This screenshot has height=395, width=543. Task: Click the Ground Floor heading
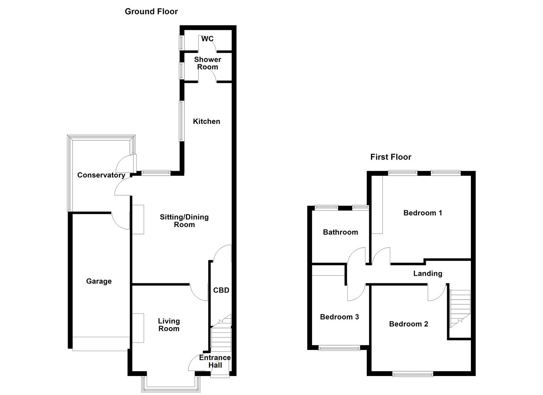(x=151, y=11)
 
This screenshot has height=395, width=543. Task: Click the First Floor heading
(x=391, y=157)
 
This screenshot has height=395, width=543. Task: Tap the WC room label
(x=207, y=39)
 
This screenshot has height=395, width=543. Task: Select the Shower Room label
(x=207, y=63)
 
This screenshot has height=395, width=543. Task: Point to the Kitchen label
(x=207, y=121)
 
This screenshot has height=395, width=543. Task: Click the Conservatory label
(x=101, y=175)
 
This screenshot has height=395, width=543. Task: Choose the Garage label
(x=99, y=281)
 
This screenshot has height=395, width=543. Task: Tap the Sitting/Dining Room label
(x=184, y=221)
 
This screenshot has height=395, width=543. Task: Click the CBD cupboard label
(x=221, y=290)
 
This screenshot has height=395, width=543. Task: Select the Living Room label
(x=169, y=325)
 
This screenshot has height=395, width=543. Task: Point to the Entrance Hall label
(x=215, y=361)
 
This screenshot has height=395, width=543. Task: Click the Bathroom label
(x=340, y=232)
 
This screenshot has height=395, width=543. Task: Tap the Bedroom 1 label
(x=423, y=213)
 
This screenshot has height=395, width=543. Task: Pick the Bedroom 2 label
(x=408, y=324)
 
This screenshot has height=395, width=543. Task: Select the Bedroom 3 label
(x=339, y=317)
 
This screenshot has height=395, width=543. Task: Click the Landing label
(x=427, y=274)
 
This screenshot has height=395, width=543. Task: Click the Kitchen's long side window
(x=181, y=121)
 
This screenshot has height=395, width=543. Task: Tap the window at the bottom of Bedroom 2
(x=412, y=373)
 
